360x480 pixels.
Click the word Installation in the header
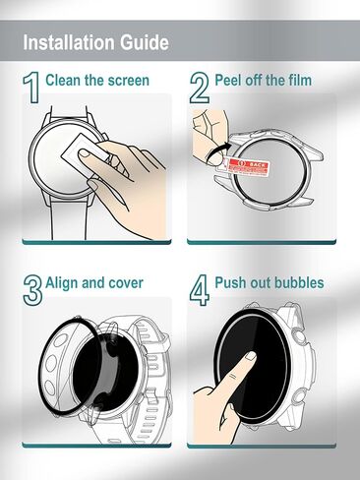(69, 42)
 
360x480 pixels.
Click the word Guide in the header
(145, 43)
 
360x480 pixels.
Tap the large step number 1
(31, 88)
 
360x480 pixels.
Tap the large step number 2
(200, 88)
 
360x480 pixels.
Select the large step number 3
(32, 290)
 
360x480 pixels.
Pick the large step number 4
(200, 290)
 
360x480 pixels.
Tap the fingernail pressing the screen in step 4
(252, 356)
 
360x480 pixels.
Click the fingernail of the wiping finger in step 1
(85, 153)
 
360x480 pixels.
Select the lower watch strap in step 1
(69, 220)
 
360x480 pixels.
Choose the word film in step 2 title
(300, 81)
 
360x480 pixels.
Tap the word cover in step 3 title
(126, 284)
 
